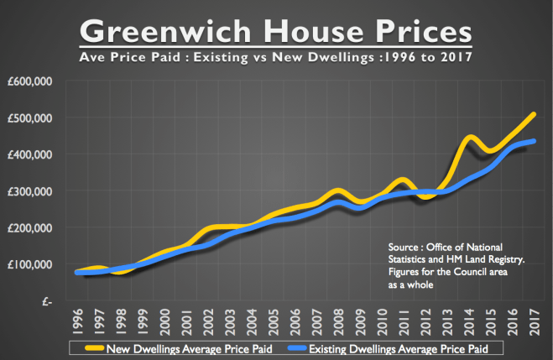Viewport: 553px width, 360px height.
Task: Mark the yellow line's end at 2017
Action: pyautogui.click(x=533, y=113)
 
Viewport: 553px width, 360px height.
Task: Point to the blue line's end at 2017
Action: pyautogui.click(x=534, y=141)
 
